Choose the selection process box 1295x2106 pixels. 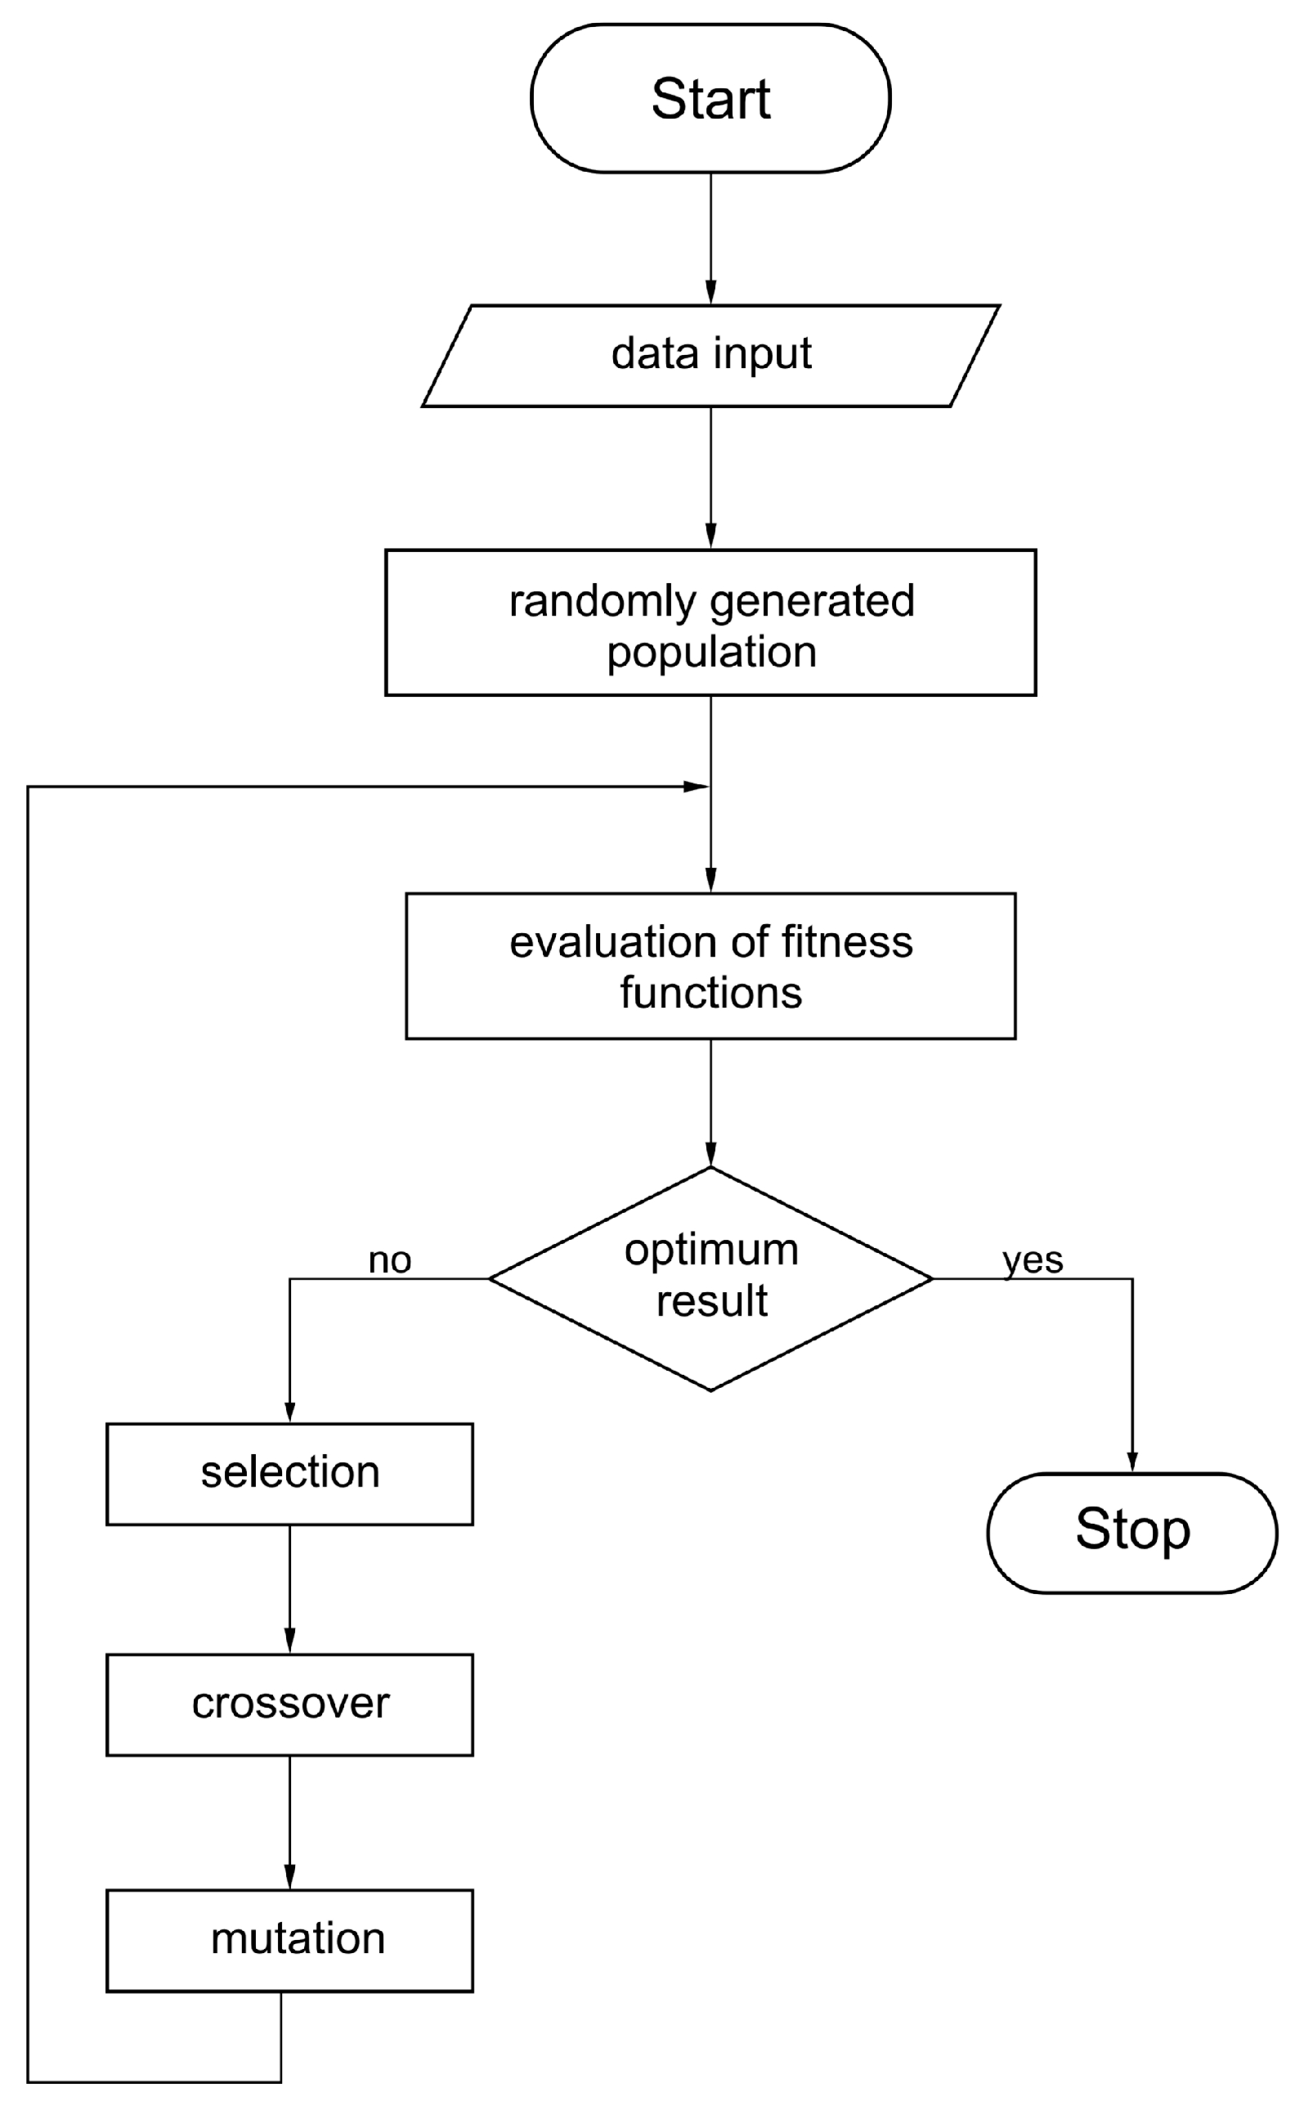(289, 1475)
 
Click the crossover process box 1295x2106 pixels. (289, 1705)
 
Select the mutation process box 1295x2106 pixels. (289, 1941)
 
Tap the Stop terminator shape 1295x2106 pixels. (1131, 1533)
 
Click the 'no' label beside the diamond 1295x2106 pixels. (390, 1260)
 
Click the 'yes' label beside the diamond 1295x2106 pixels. (1033, 1260)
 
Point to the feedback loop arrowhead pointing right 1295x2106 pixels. (696, 786)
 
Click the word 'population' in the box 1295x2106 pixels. (711, 652)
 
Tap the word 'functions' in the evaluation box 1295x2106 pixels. (711, 994)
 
